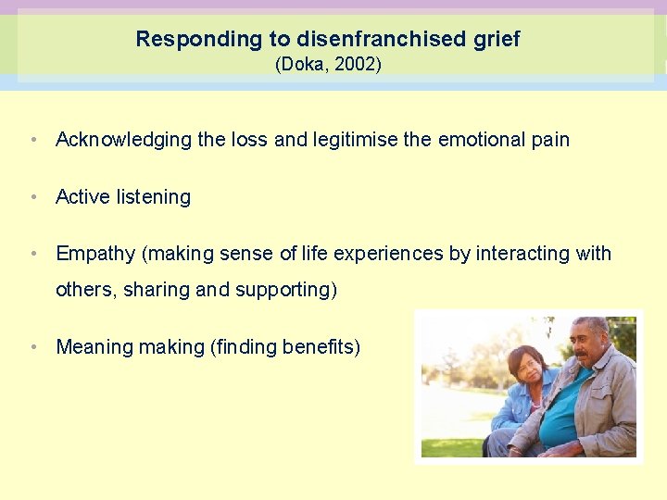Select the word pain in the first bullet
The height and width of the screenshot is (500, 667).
[x=550, y=140]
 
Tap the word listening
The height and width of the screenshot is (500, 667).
[x=154, y=196]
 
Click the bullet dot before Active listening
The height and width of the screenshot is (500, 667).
[x=33, y=196]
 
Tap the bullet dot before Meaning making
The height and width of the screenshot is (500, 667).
[x=33, y=347]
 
